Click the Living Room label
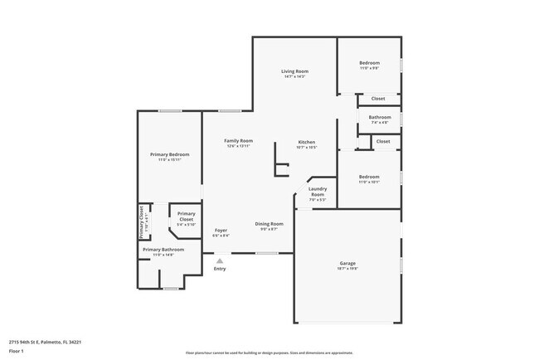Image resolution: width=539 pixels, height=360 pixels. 295,72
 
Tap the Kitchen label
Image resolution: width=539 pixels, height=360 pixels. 307,142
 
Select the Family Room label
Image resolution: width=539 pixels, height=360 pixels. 238,141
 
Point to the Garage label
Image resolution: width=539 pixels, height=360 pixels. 347,263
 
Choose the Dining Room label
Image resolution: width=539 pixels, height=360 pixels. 269,224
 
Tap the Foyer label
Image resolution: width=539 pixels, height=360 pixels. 221,230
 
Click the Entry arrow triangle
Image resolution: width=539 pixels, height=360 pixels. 220,260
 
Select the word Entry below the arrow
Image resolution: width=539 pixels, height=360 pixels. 220,269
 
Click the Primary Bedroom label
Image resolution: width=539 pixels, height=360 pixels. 170,155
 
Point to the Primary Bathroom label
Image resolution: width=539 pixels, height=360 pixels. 163,249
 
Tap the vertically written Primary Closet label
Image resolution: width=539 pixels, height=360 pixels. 142,221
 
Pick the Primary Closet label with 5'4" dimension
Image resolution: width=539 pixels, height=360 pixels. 187,216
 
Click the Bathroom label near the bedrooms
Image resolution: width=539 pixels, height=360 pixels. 380,117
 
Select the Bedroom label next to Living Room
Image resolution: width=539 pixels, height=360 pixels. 369,64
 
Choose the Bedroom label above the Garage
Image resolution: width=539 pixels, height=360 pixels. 369,177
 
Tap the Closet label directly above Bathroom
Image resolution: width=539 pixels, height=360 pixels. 377,99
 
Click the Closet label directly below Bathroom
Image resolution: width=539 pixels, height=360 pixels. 382,142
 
